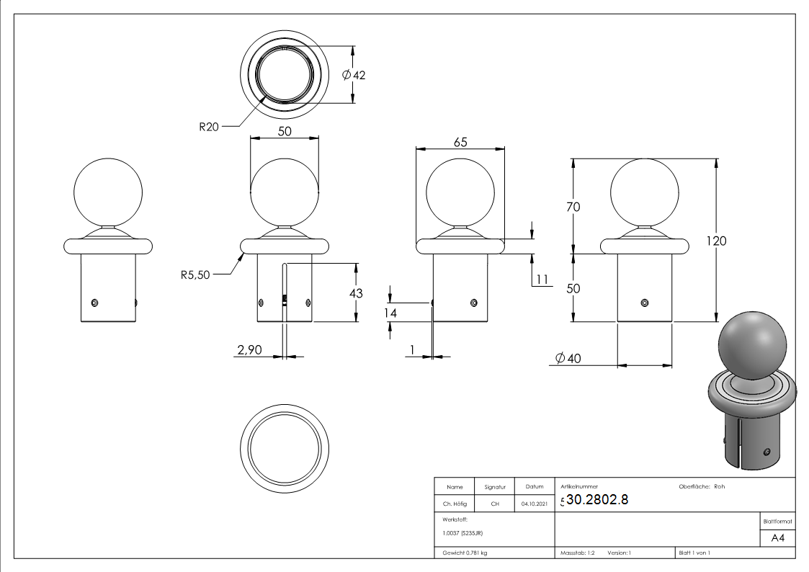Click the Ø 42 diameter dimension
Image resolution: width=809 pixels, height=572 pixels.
(x=354, y=76)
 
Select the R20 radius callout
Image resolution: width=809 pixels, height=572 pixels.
(x=209, y=127)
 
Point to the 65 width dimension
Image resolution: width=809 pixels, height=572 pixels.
(x=460, y=142)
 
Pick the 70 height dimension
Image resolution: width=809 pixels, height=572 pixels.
(x=573, y=206)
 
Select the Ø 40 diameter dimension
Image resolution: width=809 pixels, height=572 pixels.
(x=569, y=359)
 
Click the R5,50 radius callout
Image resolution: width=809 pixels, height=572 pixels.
(x=196, y=274)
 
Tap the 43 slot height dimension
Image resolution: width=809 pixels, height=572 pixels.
(x=356, y=293)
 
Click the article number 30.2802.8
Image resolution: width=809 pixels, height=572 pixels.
(x=597, y=501)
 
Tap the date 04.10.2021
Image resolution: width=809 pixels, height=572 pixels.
(x=534, y=504)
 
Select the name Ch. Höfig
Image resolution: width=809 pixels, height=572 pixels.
(x=454, y=504)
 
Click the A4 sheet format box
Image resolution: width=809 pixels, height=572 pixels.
(x=777, y=538)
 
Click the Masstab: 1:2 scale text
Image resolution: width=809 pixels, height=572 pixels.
(x=577, y=553)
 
